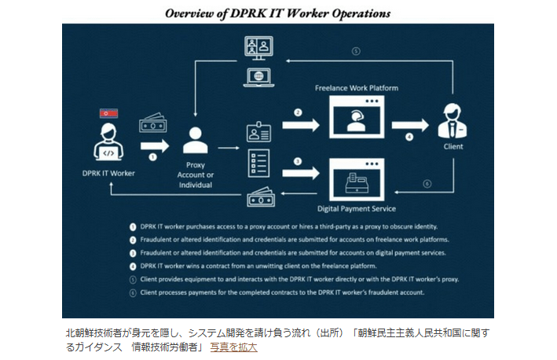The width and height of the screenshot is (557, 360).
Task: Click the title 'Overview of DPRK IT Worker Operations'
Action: coord(277,13)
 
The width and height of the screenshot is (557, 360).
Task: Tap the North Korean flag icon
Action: coord(108,113)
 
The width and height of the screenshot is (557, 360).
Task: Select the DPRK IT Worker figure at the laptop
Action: coord(108,142)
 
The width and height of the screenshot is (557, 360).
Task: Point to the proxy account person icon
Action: coord(194,141)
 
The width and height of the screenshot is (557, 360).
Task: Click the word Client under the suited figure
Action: coord(453,146)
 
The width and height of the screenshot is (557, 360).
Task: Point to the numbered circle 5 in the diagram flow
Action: coord(355,52)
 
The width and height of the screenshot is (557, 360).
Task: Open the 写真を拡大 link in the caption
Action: coord(233,347)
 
